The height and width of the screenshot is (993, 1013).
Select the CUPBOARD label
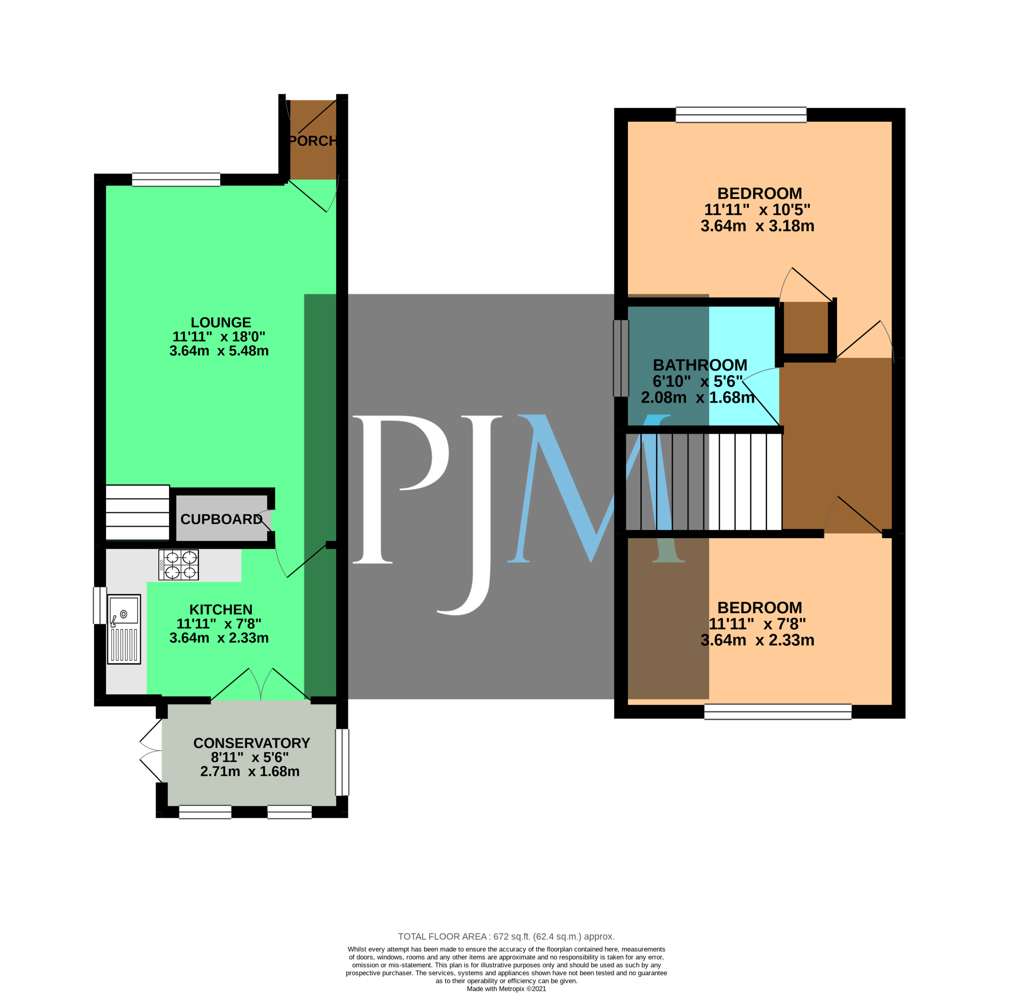[222, 519]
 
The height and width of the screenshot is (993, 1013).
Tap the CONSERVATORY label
[251, 743]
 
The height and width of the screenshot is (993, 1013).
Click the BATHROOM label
[700, 365]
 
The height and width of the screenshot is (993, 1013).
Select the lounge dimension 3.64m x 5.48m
[219, 351]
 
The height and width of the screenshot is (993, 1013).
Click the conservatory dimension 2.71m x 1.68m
[250, 771]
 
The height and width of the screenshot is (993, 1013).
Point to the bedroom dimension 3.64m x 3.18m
[757, 226]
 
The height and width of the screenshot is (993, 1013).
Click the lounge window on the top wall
[176, 179]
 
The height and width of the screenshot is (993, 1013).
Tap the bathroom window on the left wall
[621, 358]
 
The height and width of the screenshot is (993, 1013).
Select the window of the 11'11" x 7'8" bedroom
[778, 712]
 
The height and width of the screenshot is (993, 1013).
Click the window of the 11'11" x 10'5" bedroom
[741, 115]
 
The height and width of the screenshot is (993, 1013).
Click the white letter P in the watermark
[400, 490]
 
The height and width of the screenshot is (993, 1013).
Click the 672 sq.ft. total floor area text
[506, 937]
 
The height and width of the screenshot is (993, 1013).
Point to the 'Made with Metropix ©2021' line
[506, 989]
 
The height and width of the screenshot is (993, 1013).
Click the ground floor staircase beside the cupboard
[138, 513]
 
